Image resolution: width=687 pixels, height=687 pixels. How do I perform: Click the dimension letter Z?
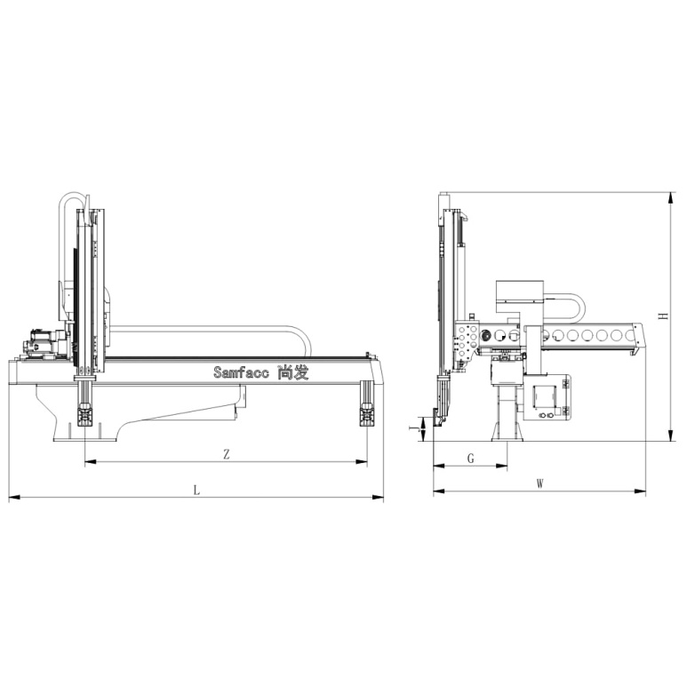pyautogui.click(x=227, y=454)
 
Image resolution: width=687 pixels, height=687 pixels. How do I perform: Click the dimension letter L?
pyautogui.click(x=196, y=490)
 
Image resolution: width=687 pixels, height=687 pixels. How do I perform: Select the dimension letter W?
pyautogui.click(x=540, y=483)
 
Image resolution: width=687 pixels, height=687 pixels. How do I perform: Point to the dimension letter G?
pyautogui.click(x=470, y=459)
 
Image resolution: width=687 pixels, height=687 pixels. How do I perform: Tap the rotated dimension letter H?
pyautogui.click(x=665, y=316)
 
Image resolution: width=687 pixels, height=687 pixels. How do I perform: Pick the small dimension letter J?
pyautogui.click(x=412, y=428)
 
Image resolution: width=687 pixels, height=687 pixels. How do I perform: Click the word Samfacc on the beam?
pyautogui.click(x=242, y=372)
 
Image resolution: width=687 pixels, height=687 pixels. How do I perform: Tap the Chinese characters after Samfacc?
pyautogui.click(x=293, y=372)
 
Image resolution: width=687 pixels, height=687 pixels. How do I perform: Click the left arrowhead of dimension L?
pyautogui.click(x=14, y=498)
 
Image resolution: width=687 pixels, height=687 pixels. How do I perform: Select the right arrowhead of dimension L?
pyautogui.click(x=378, y=498)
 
